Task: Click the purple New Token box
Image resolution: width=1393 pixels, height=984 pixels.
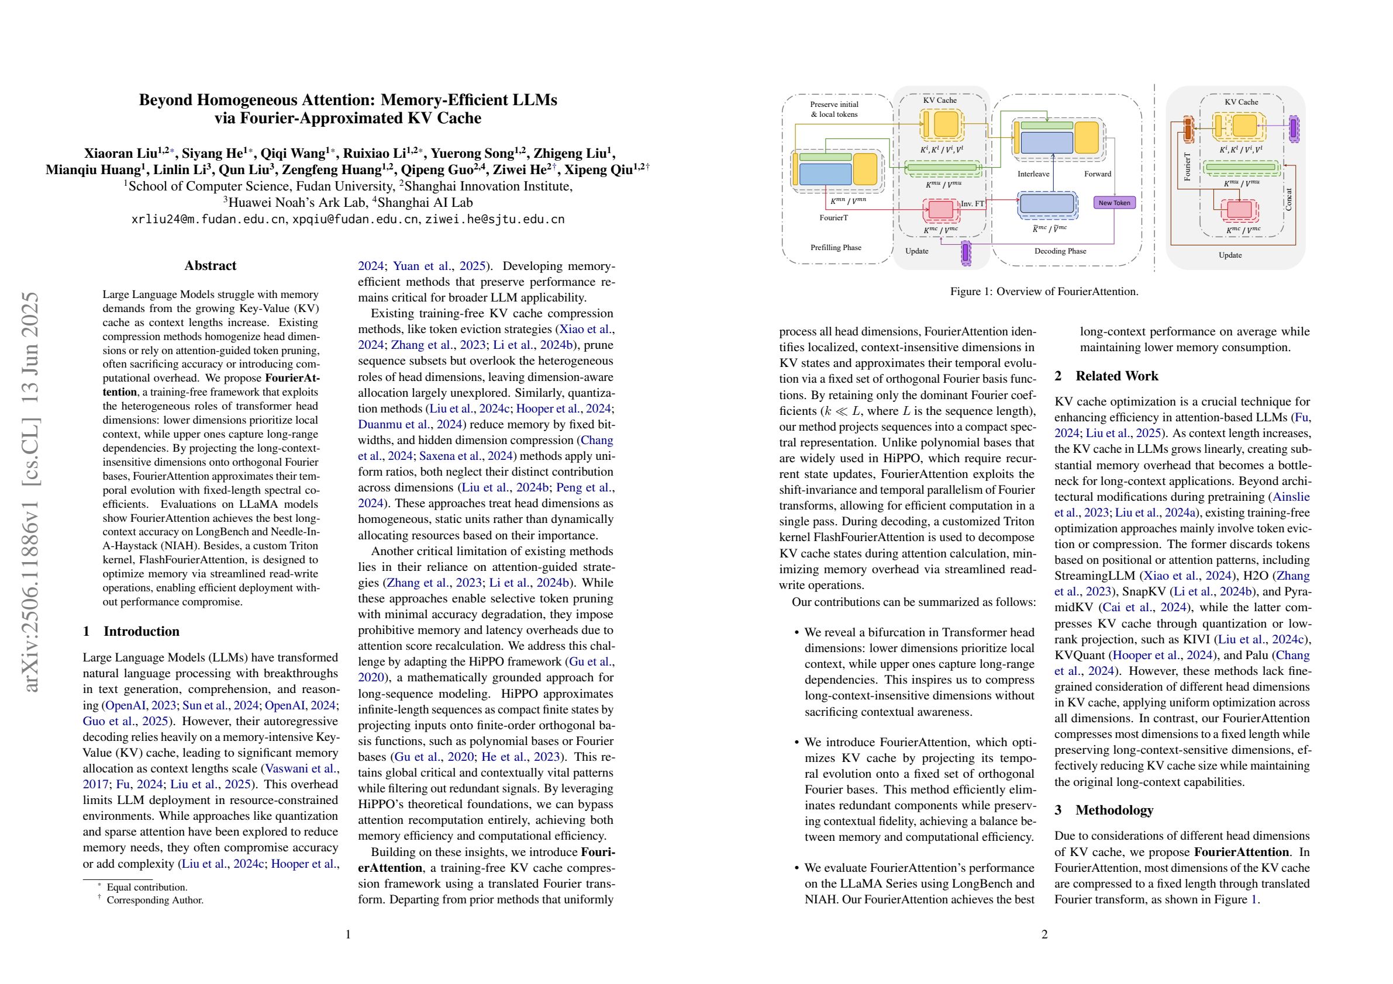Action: (1114, 203)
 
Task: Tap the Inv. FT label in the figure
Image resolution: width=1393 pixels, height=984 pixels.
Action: (973, 204)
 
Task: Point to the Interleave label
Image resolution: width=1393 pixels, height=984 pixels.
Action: (1033, 174)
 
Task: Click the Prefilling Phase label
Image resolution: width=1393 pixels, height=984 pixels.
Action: (836, 247)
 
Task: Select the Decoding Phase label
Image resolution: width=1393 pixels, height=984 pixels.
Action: (1060, 251)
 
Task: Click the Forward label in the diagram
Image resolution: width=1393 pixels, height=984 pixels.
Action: (1098, 174)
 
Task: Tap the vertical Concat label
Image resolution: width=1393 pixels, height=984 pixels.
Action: (1289, 199)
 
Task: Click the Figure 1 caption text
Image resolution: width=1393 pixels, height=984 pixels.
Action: (1043, 292)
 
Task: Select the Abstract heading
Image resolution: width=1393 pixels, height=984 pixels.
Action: (210, 265)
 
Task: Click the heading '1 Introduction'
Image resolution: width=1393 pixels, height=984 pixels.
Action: (131, 631)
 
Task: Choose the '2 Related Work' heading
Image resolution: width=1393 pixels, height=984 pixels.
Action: (1106, 376)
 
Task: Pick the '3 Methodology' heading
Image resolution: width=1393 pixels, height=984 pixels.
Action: (1104, 810)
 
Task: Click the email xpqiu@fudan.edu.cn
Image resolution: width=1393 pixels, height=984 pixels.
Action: (355, 220)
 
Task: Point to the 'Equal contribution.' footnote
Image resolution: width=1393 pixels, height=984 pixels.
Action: (147, 887)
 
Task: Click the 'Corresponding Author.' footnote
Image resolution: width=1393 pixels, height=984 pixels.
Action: (155, 900)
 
